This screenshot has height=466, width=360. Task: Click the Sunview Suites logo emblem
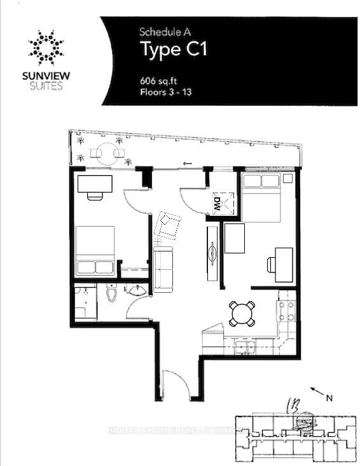point(45,46)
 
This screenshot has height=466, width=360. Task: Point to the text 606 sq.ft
point(159,81)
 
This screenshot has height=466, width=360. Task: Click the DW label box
point(218,204)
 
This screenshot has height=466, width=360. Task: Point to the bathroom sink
point(135,291)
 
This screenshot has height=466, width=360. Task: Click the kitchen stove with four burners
point(287,311)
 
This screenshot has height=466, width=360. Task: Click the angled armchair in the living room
point(168,225)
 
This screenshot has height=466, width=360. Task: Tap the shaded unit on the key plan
point(306,421)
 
